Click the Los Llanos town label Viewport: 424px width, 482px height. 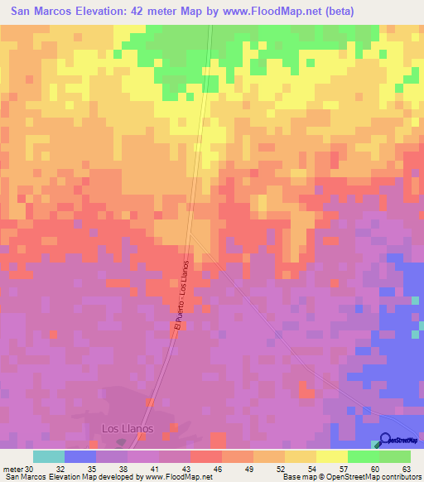(123, 428)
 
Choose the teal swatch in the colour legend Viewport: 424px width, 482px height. (48, 456)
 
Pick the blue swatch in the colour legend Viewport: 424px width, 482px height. (79, 456)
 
